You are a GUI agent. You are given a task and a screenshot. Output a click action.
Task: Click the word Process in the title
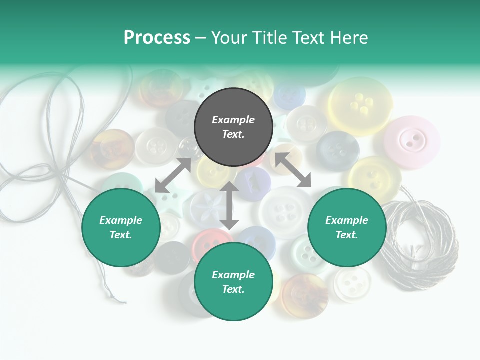coord(157,38)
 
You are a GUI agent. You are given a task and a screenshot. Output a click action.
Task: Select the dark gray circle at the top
coord(233,127)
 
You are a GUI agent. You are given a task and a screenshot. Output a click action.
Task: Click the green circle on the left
coord(121,227)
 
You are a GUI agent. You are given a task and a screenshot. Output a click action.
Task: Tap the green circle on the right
coord(347,227)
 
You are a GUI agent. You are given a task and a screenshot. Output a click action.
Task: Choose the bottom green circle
coord(233,281)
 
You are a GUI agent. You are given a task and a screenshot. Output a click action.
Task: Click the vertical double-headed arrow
coord(229,205)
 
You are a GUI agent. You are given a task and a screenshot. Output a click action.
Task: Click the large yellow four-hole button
coord(360,105)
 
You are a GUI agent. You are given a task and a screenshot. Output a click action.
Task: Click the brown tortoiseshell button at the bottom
coord(305,294)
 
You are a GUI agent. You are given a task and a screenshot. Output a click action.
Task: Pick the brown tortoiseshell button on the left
coord(111,149)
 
